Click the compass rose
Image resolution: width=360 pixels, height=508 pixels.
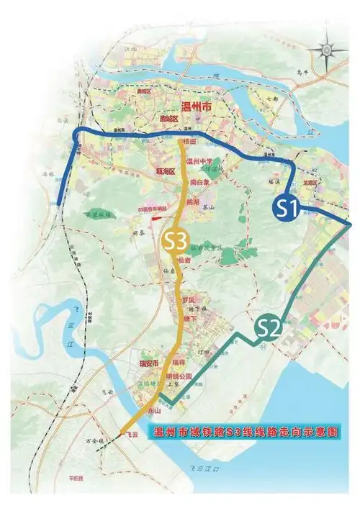(325, 49)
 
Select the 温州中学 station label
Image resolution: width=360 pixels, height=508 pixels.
(201, 162)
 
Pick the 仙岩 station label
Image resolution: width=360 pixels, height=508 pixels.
(184, 260)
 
